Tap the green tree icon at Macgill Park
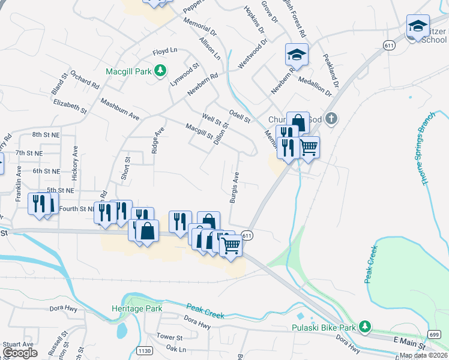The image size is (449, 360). coord(160,71)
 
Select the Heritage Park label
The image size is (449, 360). coord(137,308)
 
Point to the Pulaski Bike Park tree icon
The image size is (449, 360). coord(364,327)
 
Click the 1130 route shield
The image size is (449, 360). coord(145,350)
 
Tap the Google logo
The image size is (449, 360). coord(20,353)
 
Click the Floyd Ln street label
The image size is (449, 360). coord(165,52)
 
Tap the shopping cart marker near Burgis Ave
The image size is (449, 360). coord(231,244)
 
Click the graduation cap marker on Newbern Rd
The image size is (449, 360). coord(297,55)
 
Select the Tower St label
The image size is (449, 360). coord(169,337)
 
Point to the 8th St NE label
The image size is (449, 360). coord(46,135)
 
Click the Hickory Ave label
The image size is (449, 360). coord(76,164)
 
